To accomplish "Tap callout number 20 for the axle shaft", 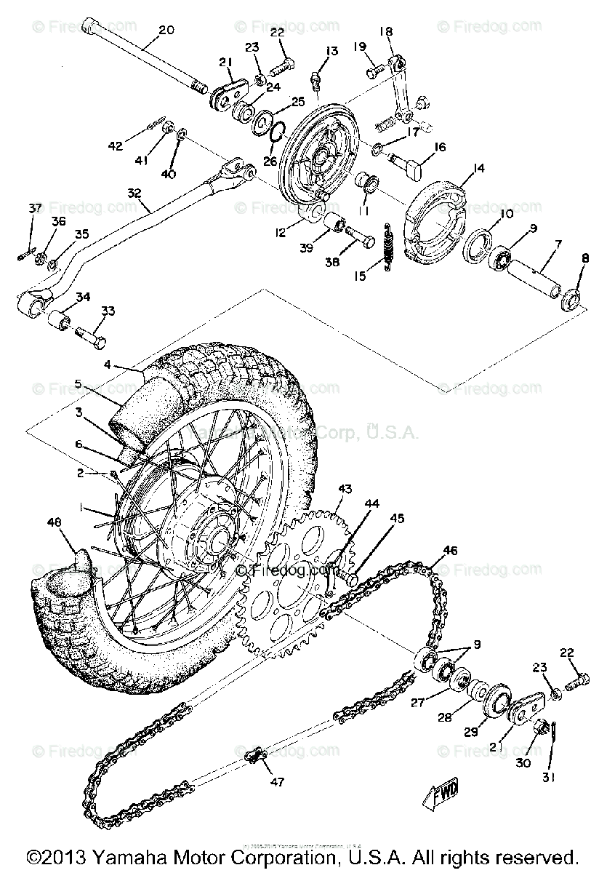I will tap(166, 31).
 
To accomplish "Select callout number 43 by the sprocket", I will tap(344, 488).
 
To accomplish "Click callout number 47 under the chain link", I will tap(277, 783).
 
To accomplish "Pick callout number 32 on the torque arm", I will tap(134, 194).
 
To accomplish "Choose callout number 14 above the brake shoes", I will tap(478, 169).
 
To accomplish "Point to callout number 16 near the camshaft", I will tap(440, 147).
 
